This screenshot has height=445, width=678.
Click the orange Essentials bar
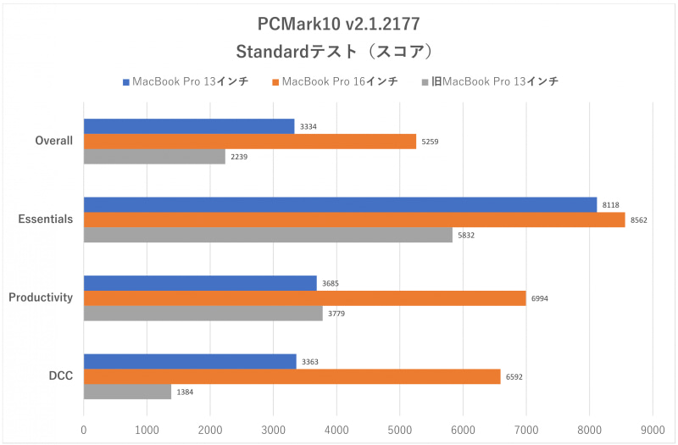(354, 220)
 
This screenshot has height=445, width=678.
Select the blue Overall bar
(189, 126)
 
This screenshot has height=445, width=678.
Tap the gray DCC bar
(127, 392)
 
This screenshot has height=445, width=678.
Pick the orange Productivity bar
(305, 298)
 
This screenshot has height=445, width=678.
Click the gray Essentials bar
(268, 236)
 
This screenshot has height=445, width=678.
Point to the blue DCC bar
(190, 361)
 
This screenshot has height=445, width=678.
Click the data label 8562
(639, 220)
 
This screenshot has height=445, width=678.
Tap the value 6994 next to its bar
(540, 298)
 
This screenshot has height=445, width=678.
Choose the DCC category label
(59, 376)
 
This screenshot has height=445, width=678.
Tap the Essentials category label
(46, 220)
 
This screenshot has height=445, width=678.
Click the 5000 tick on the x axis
(399, 431)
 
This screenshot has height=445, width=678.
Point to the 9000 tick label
(652, 431)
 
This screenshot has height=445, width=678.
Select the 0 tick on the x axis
(83, 431)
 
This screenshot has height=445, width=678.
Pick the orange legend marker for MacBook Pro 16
(275, 82)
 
